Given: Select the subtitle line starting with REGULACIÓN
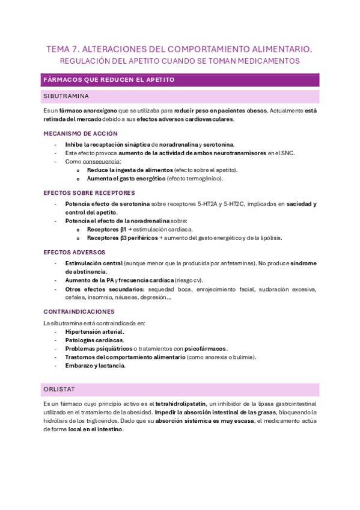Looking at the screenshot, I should point(180,61).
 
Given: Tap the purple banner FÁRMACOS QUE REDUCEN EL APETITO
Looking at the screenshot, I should point(109,79).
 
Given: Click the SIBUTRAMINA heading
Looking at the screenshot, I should point(66,96).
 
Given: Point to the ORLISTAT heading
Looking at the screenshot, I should point(58,389).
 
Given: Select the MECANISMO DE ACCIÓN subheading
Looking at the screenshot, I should point(81,134).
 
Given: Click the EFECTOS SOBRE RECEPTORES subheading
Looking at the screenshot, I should point(89,193).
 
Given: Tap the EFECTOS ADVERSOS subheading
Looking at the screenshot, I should point(74,252).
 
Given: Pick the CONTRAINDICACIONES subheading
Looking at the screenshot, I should point(79,312).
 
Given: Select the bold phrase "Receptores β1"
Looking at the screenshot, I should point(106,229).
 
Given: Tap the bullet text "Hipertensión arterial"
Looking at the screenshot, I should point(94,332).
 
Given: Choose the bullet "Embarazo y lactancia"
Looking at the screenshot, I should point(95,366).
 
